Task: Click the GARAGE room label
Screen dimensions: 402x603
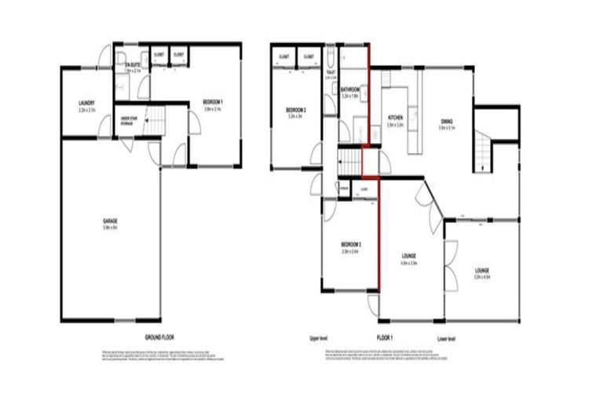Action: pyautogui.click(x=111, y=222)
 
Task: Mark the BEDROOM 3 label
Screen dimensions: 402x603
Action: pyautogui.click(x=349, y=243)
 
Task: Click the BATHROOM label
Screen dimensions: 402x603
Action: pyautogui.click(x=351, y=91)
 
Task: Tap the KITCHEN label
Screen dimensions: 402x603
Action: pyautogui.click(x=395, y=119)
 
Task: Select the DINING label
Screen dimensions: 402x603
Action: pyautogui.click(x=446, y=122)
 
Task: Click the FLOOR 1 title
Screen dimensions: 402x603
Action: pyautogui.click(x=383, y=338)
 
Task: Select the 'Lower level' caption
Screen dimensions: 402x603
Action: pyautogui.click(x=446, y=338)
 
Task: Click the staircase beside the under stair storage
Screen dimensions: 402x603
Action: pyautogui.click(x=157, y=122)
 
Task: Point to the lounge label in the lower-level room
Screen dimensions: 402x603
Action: pyautogui.click(x=482, y=271)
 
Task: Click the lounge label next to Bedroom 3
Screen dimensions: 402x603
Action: pyautogui.click(x=407, y=257)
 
